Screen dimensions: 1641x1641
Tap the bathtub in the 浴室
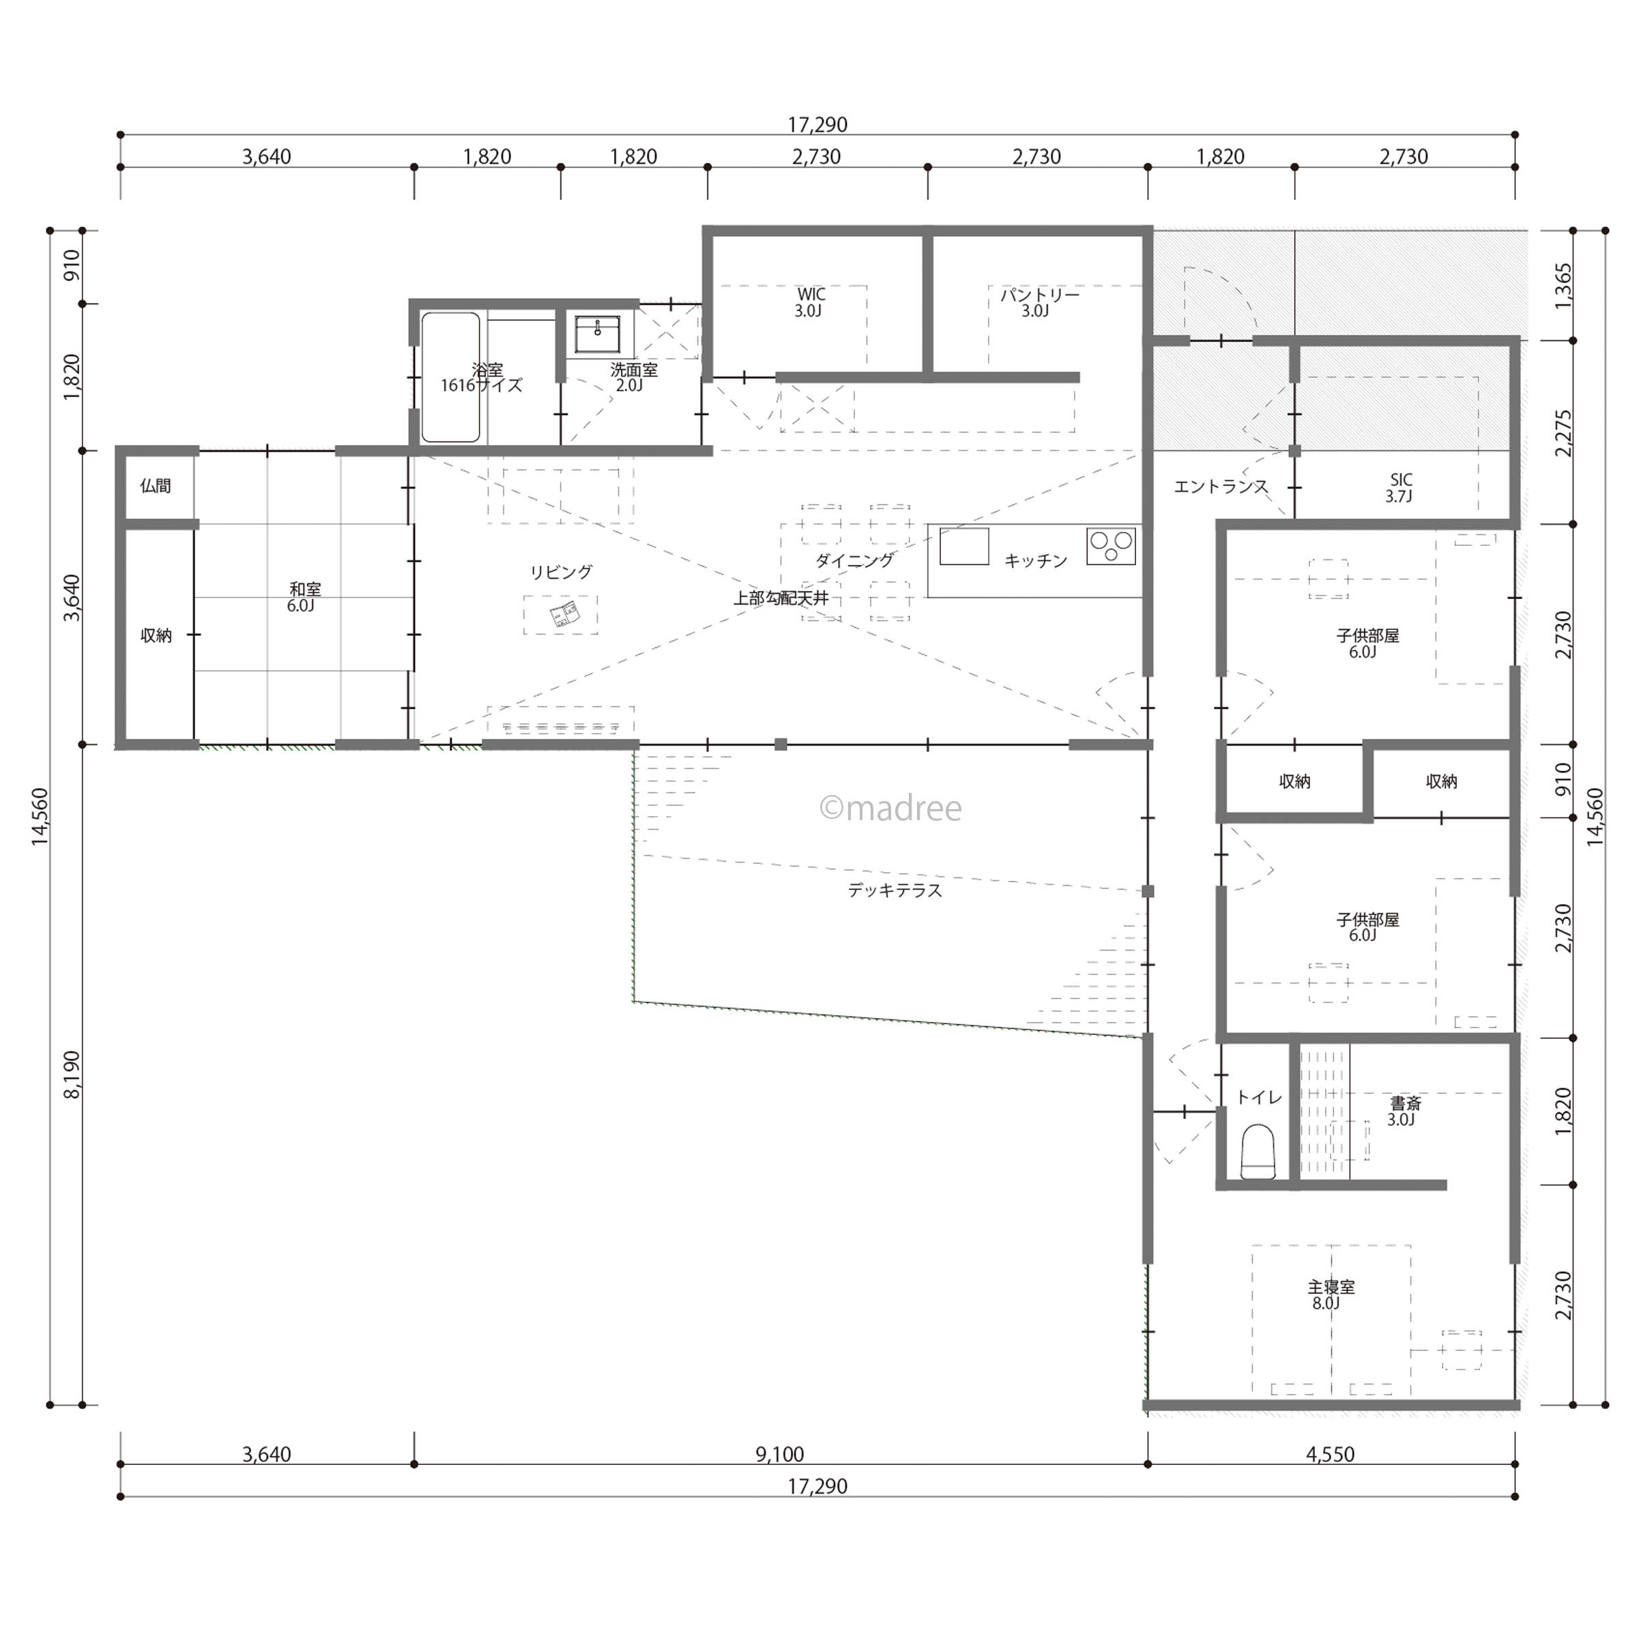pyautogui.click(x=450, y=377)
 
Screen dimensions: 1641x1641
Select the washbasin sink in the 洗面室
pyautogui.click(x=598, y=334)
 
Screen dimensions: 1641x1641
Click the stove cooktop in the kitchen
pyautogui.click(x=1111, y=546)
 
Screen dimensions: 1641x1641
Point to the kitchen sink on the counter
pyautogui.click(x=964, y=546)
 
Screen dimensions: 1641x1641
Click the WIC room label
pyautogui.click(x=809, y=302)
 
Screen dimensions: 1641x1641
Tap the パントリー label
pyautogui.click(x=1039, y=302)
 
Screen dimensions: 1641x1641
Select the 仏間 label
pyautogui.click(x=156, y=486)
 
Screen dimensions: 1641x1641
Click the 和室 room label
pyautogui.click(x=303, y=597)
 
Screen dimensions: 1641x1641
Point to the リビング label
pyautogui.click(x=561, y=572)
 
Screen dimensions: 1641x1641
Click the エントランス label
pyautogui.click(x=1221, y=487)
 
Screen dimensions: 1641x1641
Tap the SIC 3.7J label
pyautogui.click(x=1399, y=489)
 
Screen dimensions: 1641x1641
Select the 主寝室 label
pyautogui.click(x=1330, y=1295)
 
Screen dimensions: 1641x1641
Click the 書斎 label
pyautogui.click(x=1405, y=1111)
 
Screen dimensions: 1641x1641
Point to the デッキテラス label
pyautogui.click(x=895, y=891)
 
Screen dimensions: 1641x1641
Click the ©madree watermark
pyautogui.click(x=890, y=809)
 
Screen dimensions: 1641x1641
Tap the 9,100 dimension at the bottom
pyautogui.click(x=780, y=1455)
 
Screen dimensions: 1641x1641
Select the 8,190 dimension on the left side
pyautogui.click(x=72, y=1075)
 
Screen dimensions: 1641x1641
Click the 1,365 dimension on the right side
pyautogui.click(x=1564, y=287)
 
